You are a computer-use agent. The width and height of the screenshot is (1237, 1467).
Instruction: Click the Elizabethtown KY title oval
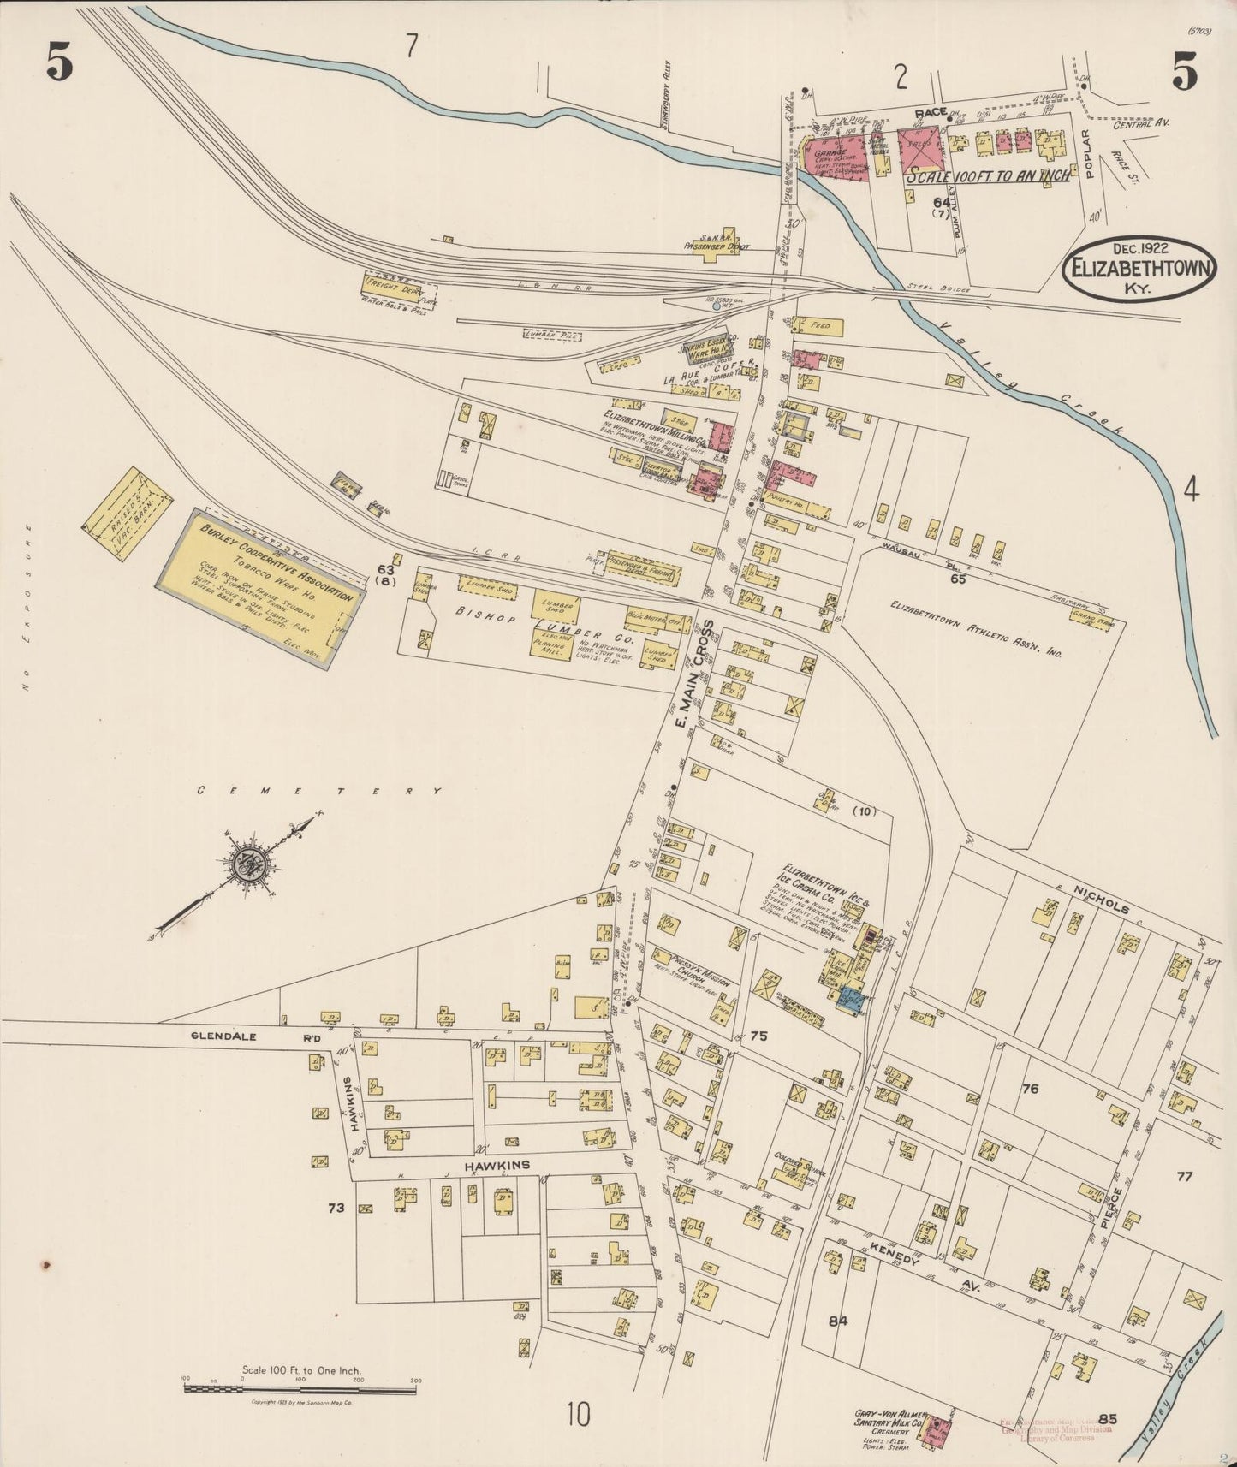pyautogui.click(x=1138, y=268)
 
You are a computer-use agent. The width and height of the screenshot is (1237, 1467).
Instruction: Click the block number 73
pyautogui.click(x=336, y=1208)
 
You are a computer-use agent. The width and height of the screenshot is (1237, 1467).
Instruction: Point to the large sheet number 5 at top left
pyautogui.click(x=58, y=62)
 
